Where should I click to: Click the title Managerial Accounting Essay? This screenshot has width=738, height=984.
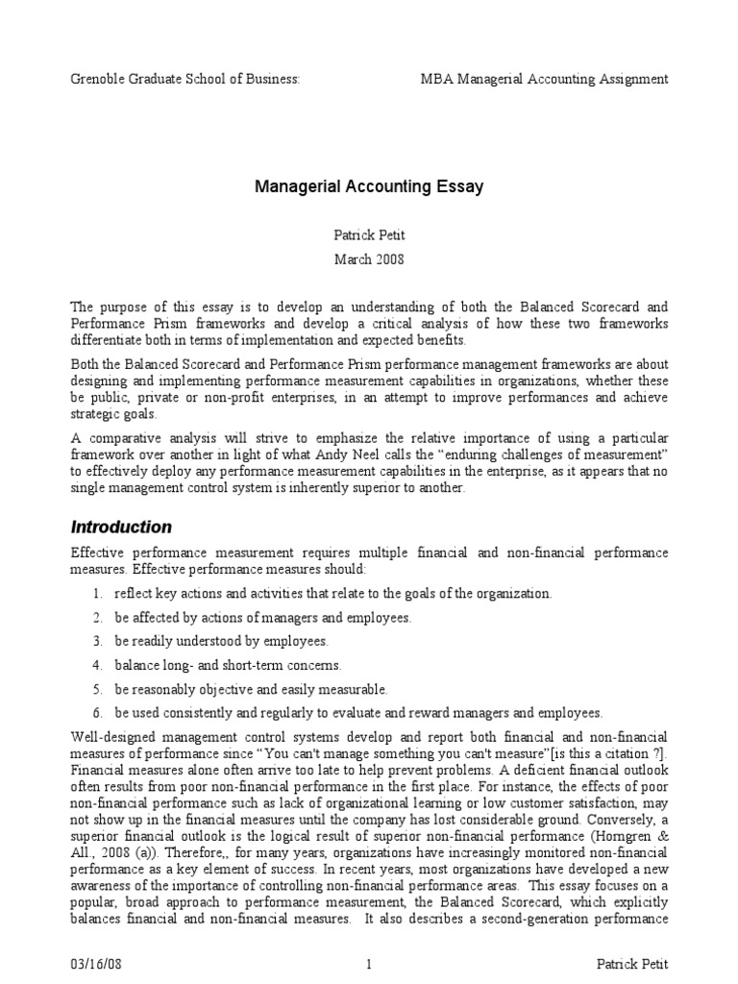point(369,186)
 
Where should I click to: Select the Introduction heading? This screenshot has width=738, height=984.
point(121,527)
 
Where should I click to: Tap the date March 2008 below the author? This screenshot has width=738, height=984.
point(369,258)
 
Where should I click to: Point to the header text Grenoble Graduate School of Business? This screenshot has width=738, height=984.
point(185,79)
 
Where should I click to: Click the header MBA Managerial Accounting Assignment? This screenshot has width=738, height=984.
point(545,79)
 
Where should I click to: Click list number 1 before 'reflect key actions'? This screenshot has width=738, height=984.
point(98,594)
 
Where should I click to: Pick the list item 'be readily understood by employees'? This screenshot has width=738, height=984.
point(220,641)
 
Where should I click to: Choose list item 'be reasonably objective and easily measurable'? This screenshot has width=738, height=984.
point(251,689)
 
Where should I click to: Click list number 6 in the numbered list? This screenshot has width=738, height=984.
point(98,713)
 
